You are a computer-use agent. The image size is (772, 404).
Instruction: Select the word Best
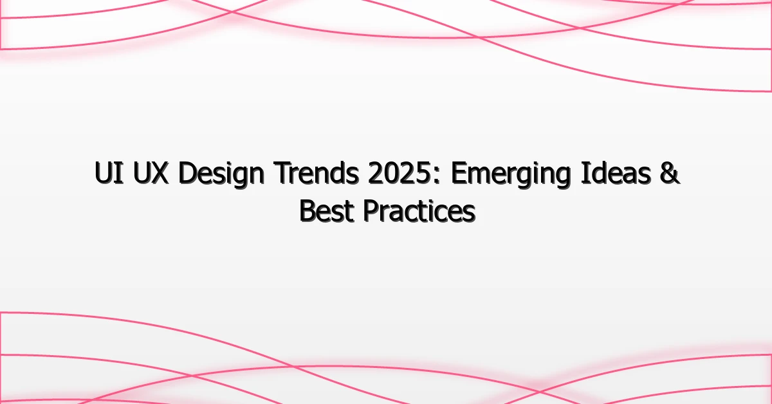click(326, 211)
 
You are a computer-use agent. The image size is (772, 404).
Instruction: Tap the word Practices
click(419, 211)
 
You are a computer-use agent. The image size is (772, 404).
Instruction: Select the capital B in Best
click(308, 211)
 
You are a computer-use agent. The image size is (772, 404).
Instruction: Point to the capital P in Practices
click(371, 211)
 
